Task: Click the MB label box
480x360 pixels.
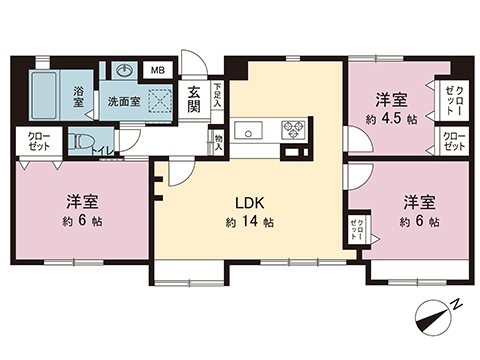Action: [158, 70]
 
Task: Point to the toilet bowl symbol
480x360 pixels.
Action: [85, 142]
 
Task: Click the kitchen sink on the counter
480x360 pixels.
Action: [247, 129]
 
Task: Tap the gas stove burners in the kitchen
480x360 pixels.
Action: [294, 129]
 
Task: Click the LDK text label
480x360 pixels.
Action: [249, 199]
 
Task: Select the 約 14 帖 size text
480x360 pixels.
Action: [249, 222]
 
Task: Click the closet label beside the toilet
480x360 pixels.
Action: [39, 141]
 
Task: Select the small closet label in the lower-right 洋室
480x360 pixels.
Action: [355, 229]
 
